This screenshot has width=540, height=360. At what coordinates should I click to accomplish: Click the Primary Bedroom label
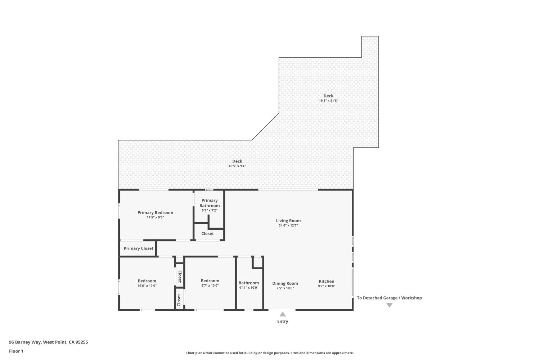pos(155,212)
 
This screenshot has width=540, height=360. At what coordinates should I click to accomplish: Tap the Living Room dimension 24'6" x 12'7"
pos(288,225)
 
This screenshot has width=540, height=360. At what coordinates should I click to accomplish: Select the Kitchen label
pos(327,281)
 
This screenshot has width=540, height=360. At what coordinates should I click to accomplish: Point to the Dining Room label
pos(285,283)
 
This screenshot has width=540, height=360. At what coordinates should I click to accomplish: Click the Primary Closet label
pos(139,248)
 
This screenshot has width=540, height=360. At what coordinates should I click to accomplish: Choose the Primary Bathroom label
pos(210,203)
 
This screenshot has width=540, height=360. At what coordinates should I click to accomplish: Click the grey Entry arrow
pos(283,314)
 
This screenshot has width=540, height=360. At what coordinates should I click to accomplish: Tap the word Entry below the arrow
pos(283,321)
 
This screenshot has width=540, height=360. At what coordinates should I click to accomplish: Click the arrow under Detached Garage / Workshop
pos(389,305)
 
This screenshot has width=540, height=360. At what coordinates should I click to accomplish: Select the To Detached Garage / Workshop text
pos(389,298)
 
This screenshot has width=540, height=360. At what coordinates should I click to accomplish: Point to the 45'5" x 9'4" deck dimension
pos(237,166)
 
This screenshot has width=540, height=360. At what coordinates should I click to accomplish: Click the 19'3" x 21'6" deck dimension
pos(328,100)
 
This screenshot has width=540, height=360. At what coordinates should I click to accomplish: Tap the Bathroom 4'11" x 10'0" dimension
pos(248,288)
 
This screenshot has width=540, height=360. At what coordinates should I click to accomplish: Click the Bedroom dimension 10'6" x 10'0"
pos(147,286)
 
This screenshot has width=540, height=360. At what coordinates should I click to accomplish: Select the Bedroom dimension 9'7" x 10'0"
pos(210,285)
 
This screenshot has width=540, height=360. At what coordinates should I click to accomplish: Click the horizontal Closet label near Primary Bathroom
pos(208,233)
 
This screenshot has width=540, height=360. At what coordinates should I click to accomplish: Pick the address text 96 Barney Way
pos(25,342)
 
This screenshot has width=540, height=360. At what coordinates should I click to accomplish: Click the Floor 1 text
pos(16,351)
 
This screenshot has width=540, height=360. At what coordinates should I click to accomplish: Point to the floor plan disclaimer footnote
pos(270,353)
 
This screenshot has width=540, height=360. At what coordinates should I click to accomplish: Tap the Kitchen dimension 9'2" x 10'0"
pos(327,286)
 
